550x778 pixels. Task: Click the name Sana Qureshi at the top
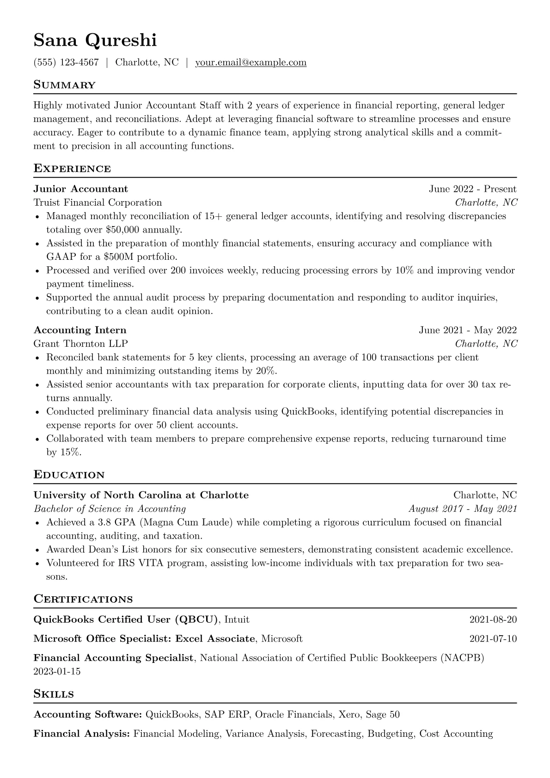point(95,41)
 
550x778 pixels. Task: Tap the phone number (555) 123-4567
point(66,62)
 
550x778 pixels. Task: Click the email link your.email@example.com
point(251,62)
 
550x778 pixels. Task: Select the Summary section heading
point(65,85)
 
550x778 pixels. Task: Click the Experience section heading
point(72,169)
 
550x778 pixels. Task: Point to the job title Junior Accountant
point(81,189)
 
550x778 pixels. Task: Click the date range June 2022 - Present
point(472,189)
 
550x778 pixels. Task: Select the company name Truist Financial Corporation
point(98,202)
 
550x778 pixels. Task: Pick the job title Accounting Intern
point(80,330)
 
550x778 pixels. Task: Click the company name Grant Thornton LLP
point(81,343)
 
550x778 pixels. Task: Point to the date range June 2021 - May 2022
point(468,330)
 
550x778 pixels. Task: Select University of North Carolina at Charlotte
point(141,495)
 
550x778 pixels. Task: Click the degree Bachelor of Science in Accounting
point(110,509)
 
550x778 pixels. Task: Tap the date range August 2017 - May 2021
point(463,509)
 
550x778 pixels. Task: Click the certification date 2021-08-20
point(493,619)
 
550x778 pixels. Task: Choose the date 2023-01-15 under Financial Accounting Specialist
point(57,671)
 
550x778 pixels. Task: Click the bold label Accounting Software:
point(88,715)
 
